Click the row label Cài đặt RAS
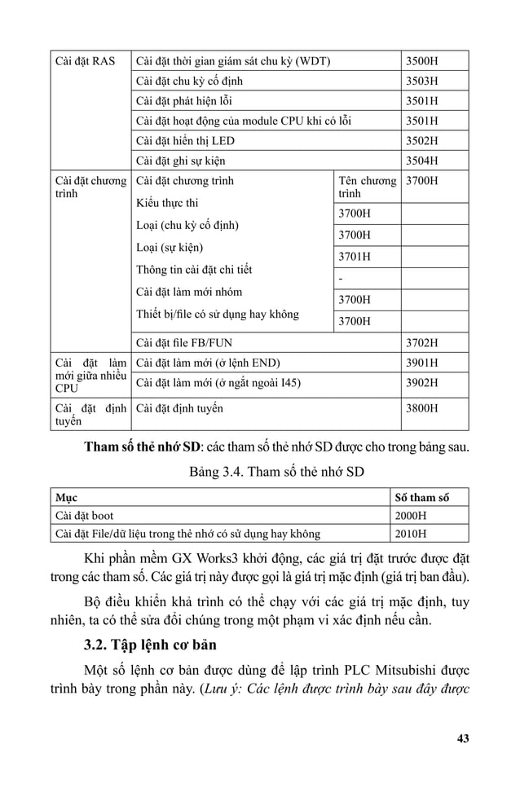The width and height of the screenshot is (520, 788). coord(85,61)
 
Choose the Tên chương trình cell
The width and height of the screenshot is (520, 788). coord(366,187)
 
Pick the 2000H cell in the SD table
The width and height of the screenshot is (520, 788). coord(411,516)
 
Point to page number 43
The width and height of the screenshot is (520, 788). coord(463,739)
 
